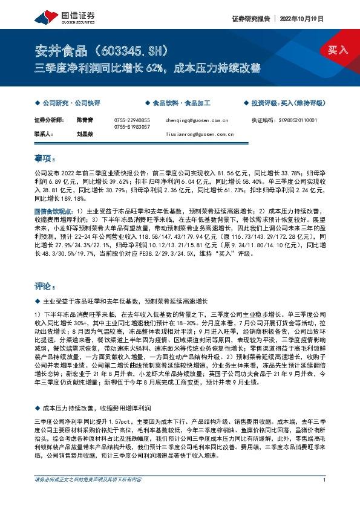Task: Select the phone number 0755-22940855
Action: [131, 120]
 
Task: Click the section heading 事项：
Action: [45, 159]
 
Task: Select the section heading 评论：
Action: [45, 285]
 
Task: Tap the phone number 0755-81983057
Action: [131, 128]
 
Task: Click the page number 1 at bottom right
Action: [325, 496]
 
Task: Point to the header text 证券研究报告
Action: [249, 19]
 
